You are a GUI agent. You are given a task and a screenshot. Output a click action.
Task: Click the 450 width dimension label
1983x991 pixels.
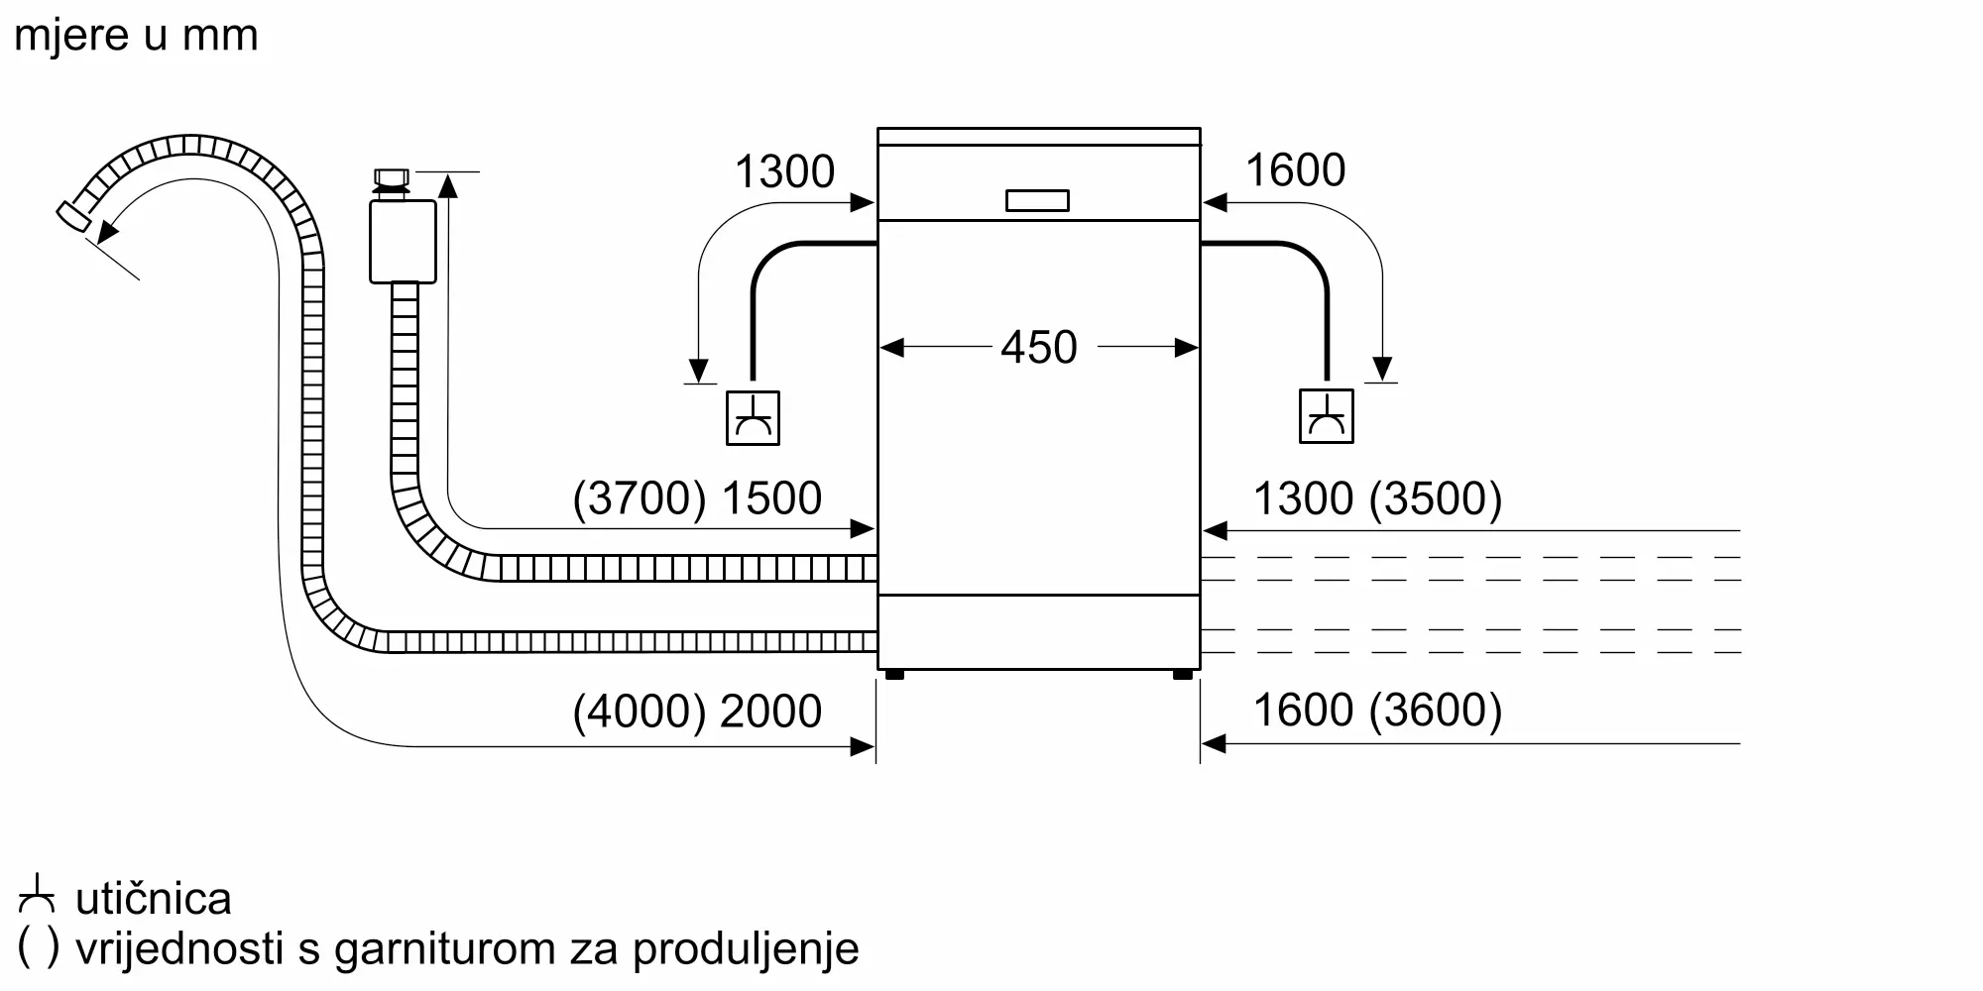(x=1038, y=347)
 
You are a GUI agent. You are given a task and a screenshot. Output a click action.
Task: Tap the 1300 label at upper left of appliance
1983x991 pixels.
(x=784, y=171)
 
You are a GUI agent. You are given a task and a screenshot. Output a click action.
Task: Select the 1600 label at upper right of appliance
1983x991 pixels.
(x=1295, y=169)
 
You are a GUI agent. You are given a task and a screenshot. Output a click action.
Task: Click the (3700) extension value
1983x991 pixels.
(x=640, y=497)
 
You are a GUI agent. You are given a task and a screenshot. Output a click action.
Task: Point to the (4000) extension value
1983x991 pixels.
(x=640, y=711)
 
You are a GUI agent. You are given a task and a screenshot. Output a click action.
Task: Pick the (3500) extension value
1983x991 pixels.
(x=1436, y=497)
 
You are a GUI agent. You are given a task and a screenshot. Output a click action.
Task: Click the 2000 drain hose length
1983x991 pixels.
(x=770, y=711)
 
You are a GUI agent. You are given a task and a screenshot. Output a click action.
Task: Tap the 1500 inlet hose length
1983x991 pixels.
(x=770, y=497)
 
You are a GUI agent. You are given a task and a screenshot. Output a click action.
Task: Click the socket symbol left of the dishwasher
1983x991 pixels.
(x=753, y=418)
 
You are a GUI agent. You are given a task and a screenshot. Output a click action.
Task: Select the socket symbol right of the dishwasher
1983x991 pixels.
(x=1326, y=416)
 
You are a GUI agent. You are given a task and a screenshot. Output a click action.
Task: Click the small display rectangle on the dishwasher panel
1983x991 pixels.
(x=1037, y=200)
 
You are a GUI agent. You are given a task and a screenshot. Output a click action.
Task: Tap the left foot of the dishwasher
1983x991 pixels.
(x=894, y=674)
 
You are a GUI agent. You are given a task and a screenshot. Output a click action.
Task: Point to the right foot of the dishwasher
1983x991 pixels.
(x=1182, y=674)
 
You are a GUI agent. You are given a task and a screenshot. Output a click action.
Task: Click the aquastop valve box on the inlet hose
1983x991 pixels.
(x=403, y=241)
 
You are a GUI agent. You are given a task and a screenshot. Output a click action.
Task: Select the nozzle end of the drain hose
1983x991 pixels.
(x=73, y=218)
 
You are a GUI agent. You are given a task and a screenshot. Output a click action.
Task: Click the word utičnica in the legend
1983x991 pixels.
(x=154, y=899)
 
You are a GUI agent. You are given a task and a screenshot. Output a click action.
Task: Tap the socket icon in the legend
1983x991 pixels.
(x=38, y=894)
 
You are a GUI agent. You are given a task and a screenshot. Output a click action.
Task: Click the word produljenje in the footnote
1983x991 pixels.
(x=746, y=949)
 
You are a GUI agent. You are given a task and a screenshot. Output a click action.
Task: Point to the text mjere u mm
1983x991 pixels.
(x=136, y=35)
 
